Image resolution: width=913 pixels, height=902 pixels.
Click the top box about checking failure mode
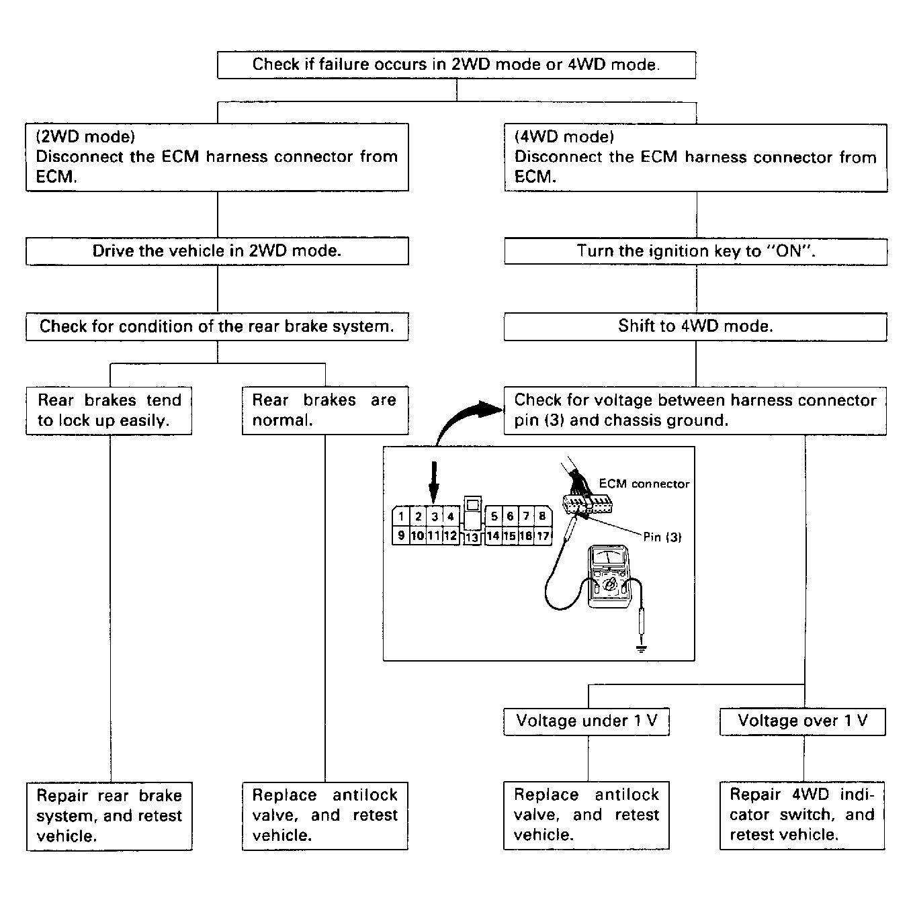pyautogui.click(x=456, y=65)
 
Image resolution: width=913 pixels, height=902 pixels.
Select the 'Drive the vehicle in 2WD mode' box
pyautogui.click(x=217, y=251)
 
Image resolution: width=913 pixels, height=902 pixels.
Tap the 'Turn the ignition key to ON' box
pyautogui.click(x=695, y=251)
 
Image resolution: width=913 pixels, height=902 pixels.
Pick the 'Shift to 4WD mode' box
pyautogui.click(x=695, y=326)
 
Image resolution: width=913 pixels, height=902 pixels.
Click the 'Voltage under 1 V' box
pyautogui.click(x=586, y=721)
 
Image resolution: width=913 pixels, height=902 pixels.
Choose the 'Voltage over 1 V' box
pyautogui.click(x=803, y=721)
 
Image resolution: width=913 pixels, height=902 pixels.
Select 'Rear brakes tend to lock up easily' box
pyautogui.click(x=109, y=410)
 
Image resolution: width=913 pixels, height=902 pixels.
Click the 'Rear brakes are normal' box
pyautogui.click(x=325, y=410)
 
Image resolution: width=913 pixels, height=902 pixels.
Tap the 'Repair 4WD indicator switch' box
pyautogui.click(x=802, y=815)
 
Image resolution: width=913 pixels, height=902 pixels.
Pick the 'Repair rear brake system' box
pyautogui.click(x=110, y=816)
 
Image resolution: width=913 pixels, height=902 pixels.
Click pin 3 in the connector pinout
pyautogui.click(x=435, y=516)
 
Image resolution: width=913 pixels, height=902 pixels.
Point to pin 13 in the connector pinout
pyautogui.click(x=472, y=537)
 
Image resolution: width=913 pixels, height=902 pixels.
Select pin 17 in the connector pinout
pyautogui.click(x=543, y=536)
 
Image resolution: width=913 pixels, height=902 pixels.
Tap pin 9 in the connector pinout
pyautogui.click(x=401, y=536)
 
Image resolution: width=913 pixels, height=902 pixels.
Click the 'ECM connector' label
pyautogui.click(x=644, y=484)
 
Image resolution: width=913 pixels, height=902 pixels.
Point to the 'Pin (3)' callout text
pyautogui.click(x=662, y=537)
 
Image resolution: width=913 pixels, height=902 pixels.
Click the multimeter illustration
pyautogui.click(x=609, y=576)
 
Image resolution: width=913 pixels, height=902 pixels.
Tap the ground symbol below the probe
pyautogui.click(x=641, y=648)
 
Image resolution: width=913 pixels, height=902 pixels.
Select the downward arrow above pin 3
pyautogui.click(x=433, y=482)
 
